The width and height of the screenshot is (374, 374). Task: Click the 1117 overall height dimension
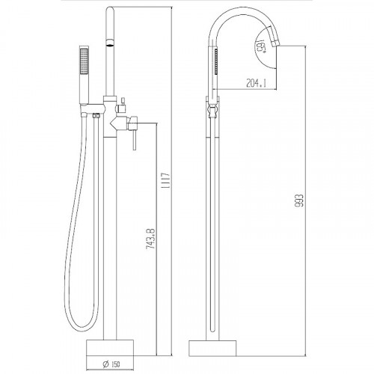click(x=168, y=180)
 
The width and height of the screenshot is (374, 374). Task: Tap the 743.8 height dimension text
click(x=151, y=238)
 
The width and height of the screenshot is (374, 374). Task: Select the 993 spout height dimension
click(x=299, y=200)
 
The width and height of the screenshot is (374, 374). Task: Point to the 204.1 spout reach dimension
click(x=257, y=83)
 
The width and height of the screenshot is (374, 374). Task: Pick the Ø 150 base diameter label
click(x=111, y=364)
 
